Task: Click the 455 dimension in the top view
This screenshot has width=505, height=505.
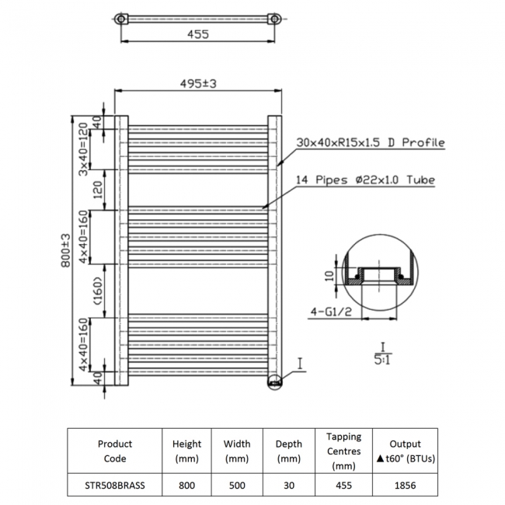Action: (x=198, y=34)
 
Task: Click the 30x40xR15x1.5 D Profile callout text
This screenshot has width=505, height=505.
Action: (x=370, y=143)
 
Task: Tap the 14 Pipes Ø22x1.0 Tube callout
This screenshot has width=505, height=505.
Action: (x=365, y=180)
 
